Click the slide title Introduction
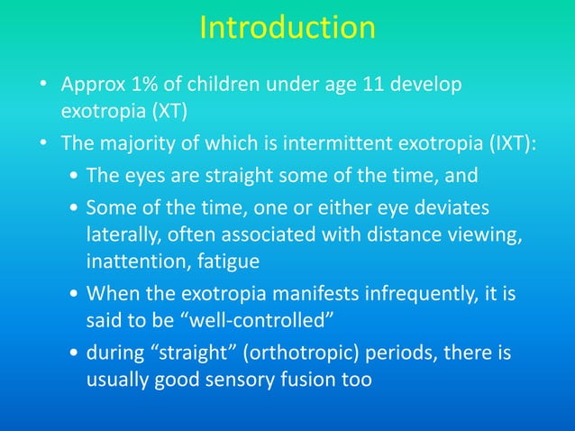coord(287,27)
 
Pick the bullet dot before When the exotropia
coord(72,296)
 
